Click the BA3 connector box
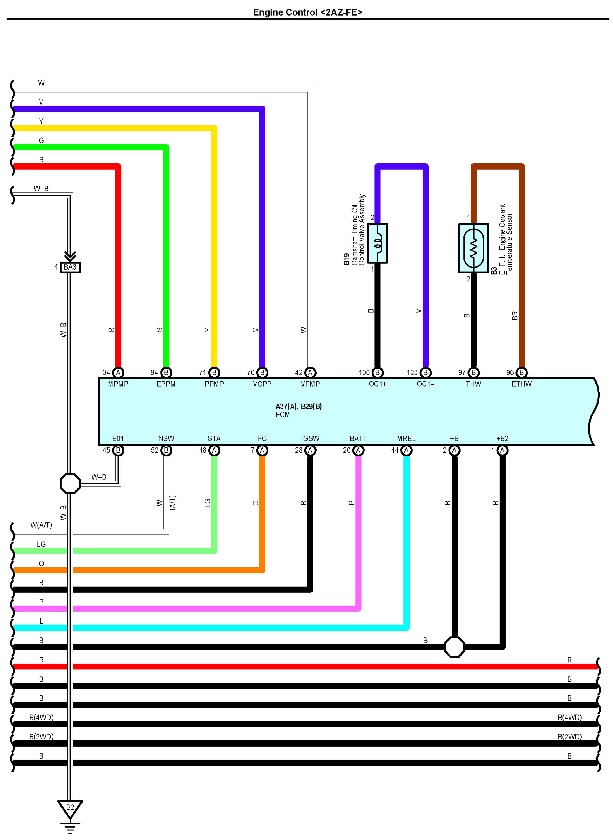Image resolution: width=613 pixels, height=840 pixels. [70, 267]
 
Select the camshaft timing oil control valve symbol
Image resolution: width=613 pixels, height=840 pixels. [377, 243]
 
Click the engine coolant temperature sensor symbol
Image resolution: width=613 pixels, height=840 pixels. [473, 248]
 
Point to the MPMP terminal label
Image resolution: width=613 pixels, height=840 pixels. [118, 384]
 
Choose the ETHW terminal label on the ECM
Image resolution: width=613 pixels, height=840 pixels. [521, 384]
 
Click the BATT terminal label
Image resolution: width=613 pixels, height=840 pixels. [358, 439]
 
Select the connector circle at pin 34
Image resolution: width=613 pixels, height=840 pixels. [118, 372]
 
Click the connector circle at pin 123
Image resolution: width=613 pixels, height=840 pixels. [426, 372]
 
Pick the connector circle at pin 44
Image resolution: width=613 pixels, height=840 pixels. [406, 451]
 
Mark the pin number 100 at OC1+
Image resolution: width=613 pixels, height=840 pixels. [364, 372]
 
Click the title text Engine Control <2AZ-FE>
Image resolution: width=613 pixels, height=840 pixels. [307, 12]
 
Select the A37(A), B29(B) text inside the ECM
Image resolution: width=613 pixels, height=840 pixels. [298, 407]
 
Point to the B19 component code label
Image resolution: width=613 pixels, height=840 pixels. [346, 259]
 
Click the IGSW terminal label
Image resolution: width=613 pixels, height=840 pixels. [310, 439]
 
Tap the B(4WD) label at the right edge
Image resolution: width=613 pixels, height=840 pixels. [569, 718]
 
